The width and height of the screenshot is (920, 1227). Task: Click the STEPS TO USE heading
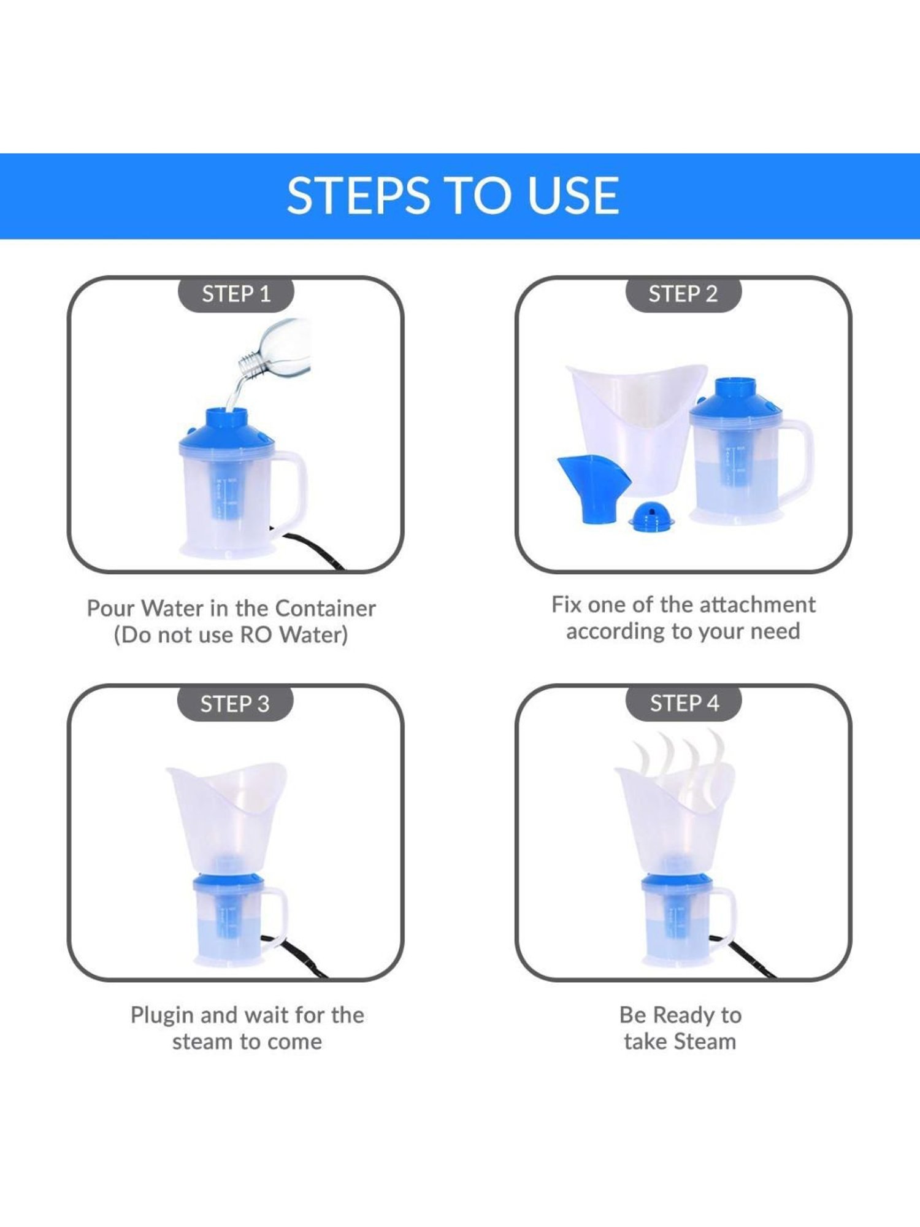point(453,196)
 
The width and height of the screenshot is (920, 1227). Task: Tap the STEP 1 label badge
point(236,294)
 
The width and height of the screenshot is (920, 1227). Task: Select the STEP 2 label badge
point(683,294)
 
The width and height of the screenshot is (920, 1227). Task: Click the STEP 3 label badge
point(235,704)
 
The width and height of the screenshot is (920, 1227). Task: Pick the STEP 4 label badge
point(684,703)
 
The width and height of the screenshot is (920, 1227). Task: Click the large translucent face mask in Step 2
point(635,423)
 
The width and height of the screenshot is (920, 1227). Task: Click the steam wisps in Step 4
point(675,761)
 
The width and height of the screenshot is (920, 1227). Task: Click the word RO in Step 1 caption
point(255,635)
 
